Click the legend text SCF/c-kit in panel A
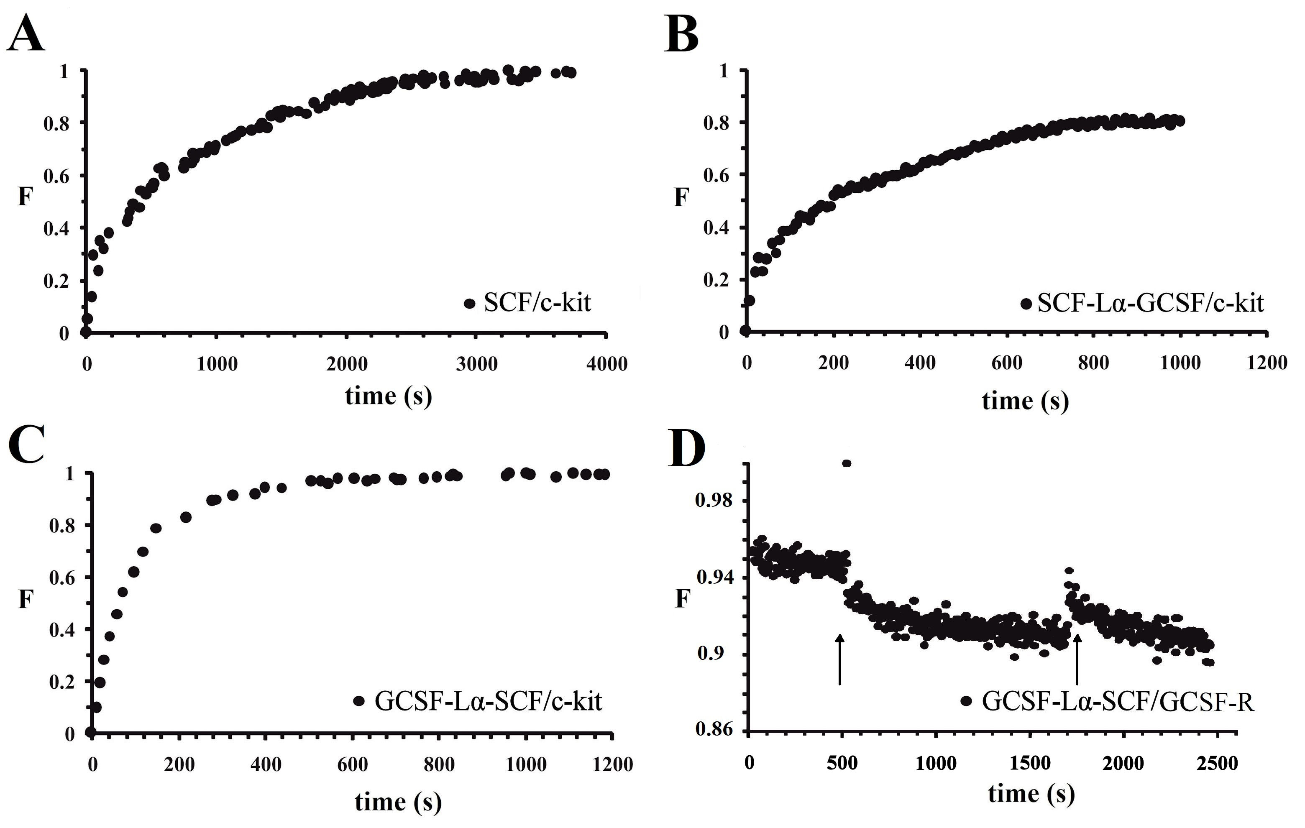537,302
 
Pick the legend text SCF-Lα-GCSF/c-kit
1150,304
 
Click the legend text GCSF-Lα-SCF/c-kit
488,701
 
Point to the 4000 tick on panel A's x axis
606,363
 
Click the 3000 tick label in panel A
476,363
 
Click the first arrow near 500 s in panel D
839,658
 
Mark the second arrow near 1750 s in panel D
1077,658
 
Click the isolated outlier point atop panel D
847,463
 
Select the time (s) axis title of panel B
1025,401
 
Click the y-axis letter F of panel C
26,599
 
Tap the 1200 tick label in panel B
1267,363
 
